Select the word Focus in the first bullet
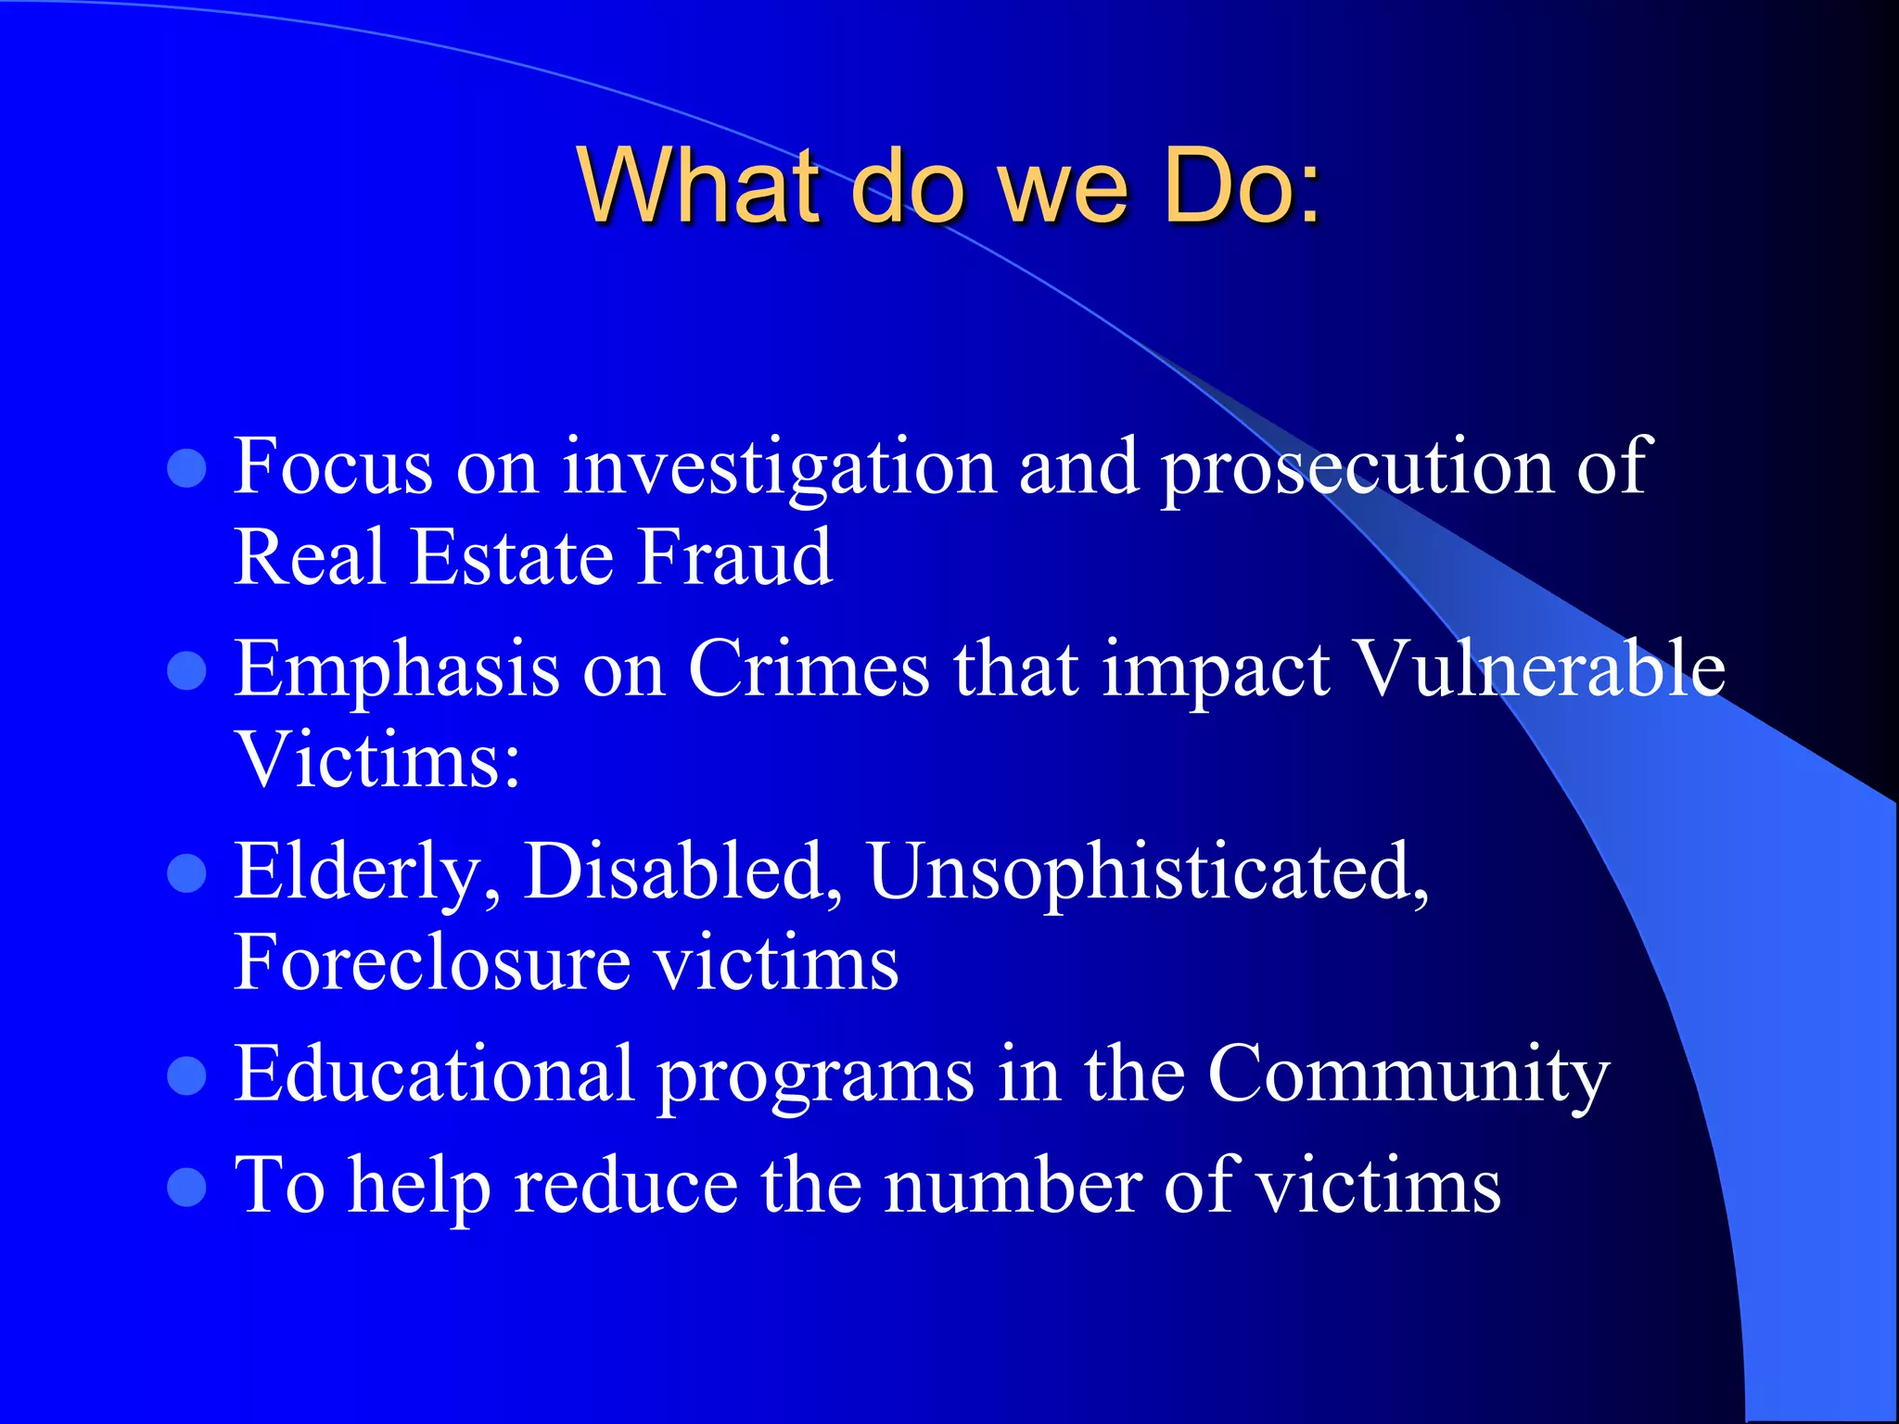tap(333, 465)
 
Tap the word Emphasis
tap(397, 670)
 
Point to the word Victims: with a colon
tap(377, 759)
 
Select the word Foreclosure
tap(431, 961)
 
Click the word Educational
tap(434, 1074)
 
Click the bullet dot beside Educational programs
tap(186, 1076)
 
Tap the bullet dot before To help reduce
tap(186, 1188)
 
